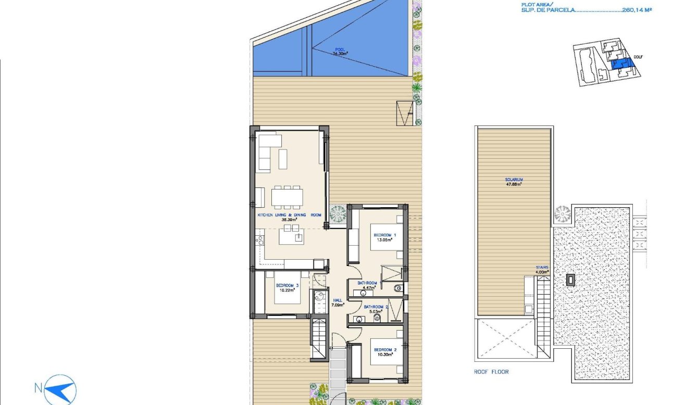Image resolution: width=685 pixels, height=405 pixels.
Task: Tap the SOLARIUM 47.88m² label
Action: click(514, 181)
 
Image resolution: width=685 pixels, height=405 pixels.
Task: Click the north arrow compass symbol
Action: click(60, 388)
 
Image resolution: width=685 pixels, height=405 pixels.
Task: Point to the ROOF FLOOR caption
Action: click(491, 372)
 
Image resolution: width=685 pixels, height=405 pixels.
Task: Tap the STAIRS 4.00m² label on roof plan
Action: click(542, 269)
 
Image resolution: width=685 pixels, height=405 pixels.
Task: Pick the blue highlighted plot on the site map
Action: click(621, 64)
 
